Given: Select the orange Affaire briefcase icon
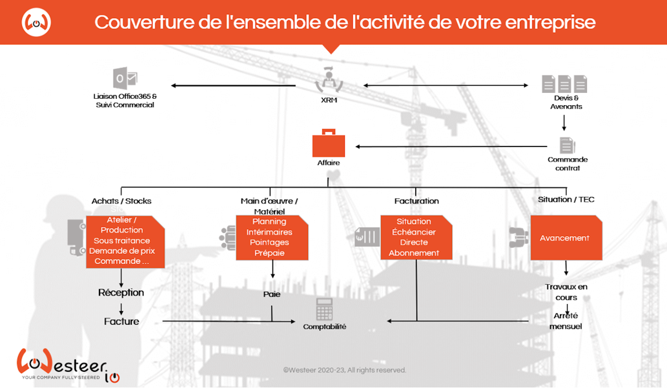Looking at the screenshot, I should [x=328, y=144].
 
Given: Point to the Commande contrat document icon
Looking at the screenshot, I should [x=567, y=145].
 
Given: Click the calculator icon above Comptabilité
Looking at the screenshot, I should [x=324, y=309].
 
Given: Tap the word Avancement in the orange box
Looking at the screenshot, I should [x=564, y=238].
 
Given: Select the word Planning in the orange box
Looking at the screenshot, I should [x=269, y=221].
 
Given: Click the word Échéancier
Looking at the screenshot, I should [x=413, y=232].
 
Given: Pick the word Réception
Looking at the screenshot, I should [x=121, y=292].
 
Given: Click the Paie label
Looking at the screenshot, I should [x=272, y=294].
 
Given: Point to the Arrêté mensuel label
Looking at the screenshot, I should [x=565, y=321].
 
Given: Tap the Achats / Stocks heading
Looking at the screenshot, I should [x=121, y=201].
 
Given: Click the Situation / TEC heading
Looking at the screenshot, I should [x=566, y=199].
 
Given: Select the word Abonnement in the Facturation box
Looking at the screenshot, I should [x=413, y=253].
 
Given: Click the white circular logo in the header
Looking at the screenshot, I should [x=36, y=23].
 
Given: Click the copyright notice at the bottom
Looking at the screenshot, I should [x=344, y=371].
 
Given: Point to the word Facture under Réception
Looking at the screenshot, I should [x=121, y=321].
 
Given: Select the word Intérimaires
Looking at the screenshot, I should [x=269, y=232].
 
